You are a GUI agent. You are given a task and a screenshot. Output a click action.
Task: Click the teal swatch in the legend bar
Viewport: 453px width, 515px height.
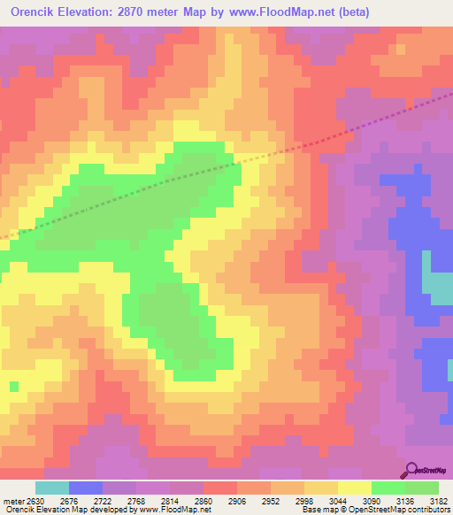coord(52,488)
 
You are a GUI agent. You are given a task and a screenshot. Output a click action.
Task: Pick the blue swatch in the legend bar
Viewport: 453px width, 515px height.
coord(86,488)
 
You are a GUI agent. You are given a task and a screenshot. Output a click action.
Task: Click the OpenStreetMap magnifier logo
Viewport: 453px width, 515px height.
coord(411,470)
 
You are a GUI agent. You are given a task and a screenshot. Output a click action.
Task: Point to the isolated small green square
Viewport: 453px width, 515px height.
coord(14,386)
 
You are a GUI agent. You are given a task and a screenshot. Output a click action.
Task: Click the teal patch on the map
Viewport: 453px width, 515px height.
coord(438,283)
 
